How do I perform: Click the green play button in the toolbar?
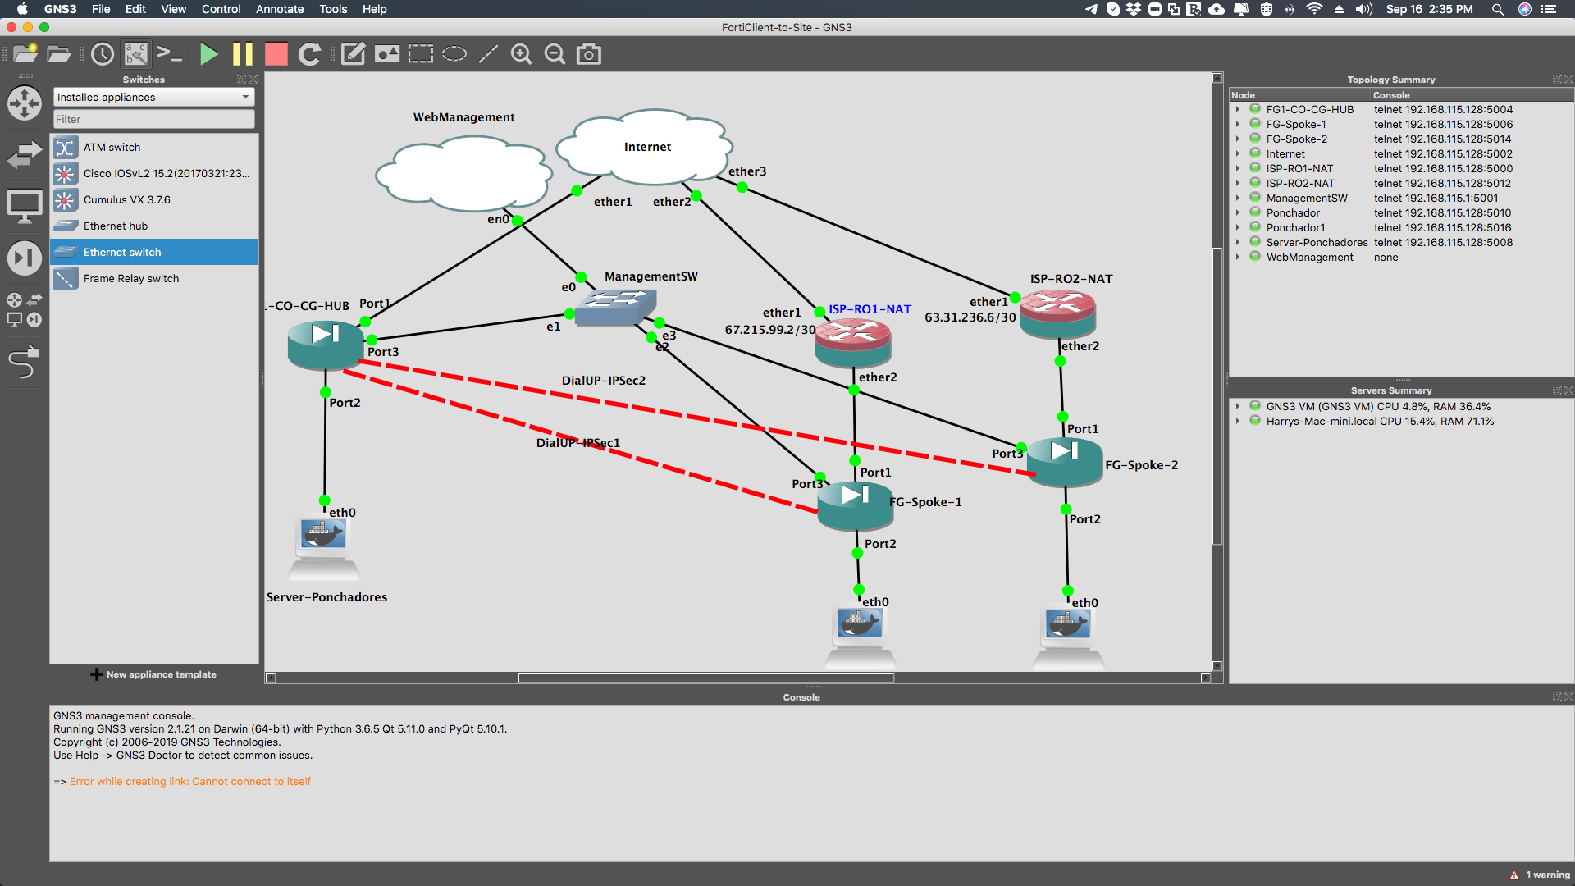coord(209,54)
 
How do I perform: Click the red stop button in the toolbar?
coord(276,54)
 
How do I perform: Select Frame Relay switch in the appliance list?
coord(131,279)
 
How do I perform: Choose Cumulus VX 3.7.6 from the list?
coord(127,200)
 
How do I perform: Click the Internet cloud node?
coord(645,147)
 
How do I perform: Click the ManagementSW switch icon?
coord(614,307)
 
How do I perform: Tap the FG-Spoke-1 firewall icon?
coord(855,505)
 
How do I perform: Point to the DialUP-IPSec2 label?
coord(603,381)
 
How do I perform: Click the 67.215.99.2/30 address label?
coord(769,330)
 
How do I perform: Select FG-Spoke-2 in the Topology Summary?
coord(1296,139)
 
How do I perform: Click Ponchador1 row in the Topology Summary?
coord(1295,228)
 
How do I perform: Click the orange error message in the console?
coord(190,782)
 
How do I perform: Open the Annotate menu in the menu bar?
coord(280,9)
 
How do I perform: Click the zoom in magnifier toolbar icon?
coord(522,54)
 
